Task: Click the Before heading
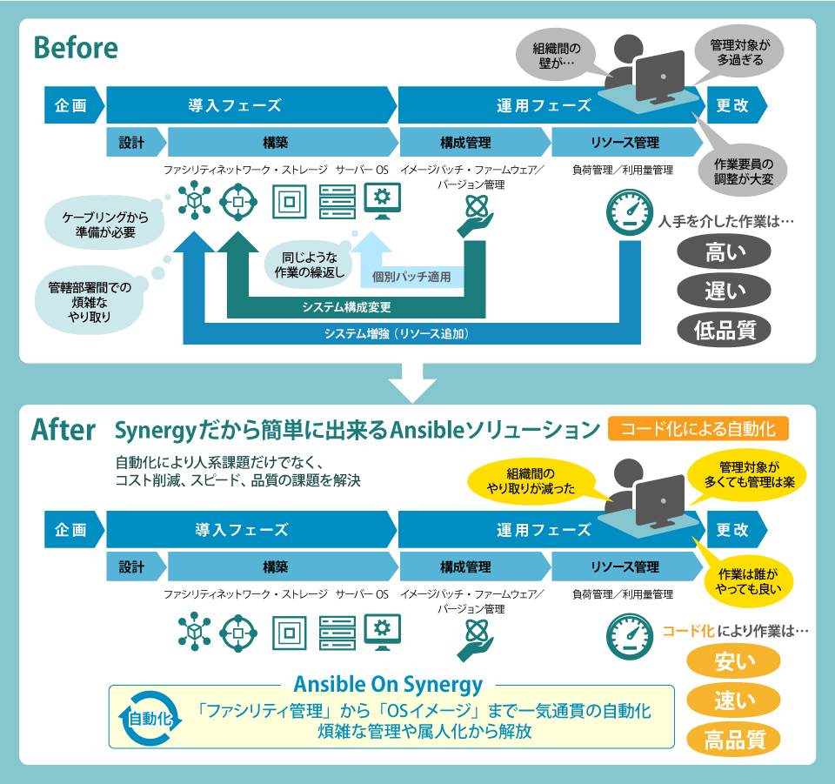pos(75,48)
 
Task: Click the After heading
pos(63,429)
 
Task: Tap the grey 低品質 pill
pos(725,329)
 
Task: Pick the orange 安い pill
pos(734,660)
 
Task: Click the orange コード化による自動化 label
pos(698,429)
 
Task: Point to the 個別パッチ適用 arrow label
pos(411,278)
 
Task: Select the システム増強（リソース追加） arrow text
pos(402,333)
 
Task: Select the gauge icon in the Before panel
pos(629,211)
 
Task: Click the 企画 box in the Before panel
pos(71,105)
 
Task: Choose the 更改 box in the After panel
pos(734,530)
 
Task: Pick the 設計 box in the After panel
pos(132,567)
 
